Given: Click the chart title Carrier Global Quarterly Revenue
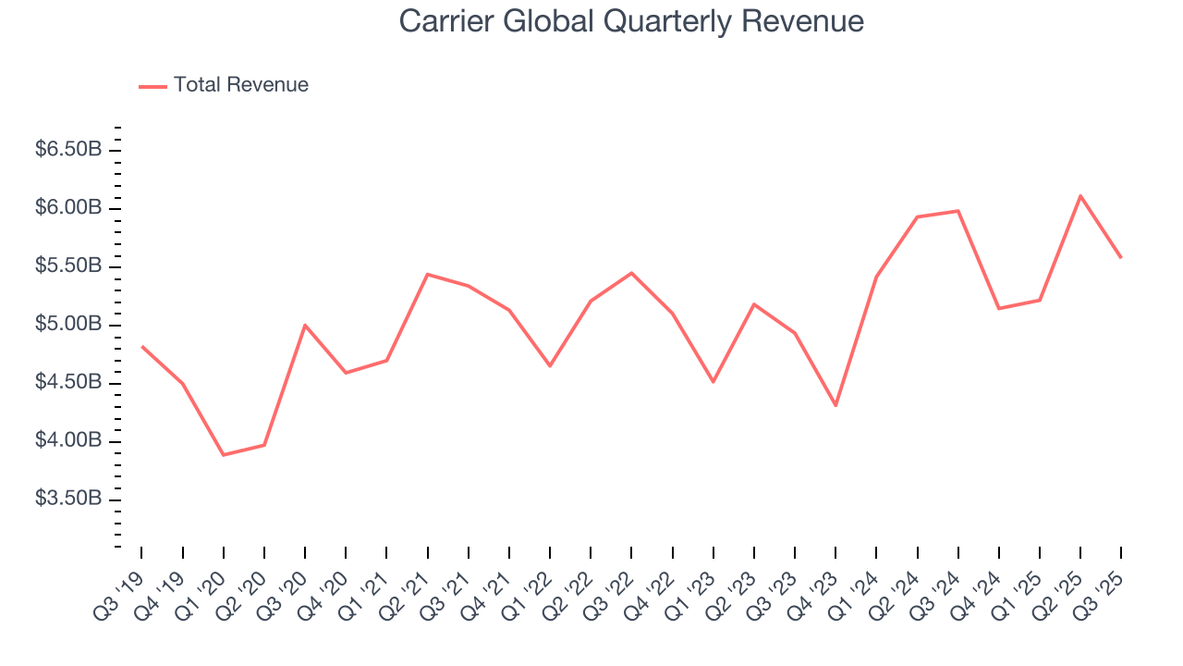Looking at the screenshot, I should point(631,21).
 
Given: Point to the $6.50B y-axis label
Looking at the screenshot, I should point(68,150).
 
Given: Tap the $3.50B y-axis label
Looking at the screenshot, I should point(68,499).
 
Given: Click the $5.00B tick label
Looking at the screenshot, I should point(68,325).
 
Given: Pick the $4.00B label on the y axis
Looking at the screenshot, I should point(68,441).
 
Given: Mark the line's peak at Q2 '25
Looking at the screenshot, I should point(1080,195).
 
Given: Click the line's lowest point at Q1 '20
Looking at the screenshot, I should point(224,455).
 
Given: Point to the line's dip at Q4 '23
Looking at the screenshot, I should point(835,405).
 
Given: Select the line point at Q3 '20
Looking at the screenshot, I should point(305,325).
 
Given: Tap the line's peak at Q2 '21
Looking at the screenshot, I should point(427,274).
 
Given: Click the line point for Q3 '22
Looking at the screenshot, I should point(631,273).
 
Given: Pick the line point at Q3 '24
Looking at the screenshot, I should point(958,211).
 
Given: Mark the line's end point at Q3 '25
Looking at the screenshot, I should point(1121,257).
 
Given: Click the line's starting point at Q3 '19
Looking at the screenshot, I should point(141,346).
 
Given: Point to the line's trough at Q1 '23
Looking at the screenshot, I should point(713,382).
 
